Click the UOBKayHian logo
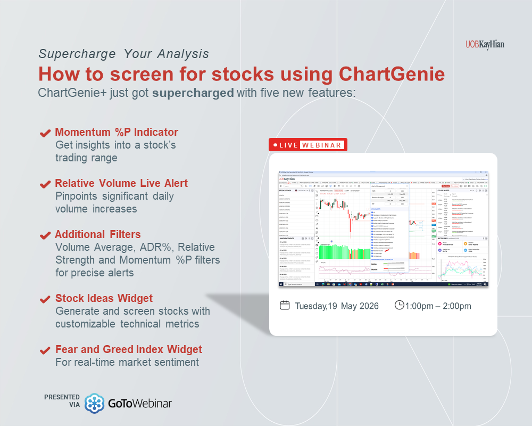[484, 45]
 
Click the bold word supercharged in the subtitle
[193, 92]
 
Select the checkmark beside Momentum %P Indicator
[46, 133]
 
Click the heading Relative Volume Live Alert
[121, 183]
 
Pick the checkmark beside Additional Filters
[46, 235]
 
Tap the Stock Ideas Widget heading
[104, 298]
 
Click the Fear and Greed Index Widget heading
[129, 349]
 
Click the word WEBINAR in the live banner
[322, 145]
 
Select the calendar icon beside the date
[285, 306]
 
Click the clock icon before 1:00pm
[399, 305]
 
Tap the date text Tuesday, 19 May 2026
[337, 306]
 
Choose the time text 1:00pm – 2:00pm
[438, 306]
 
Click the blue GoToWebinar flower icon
[95, 403]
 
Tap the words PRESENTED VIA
[62, 401]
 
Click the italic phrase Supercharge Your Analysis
[123, 54]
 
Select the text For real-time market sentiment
[127, 362]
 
